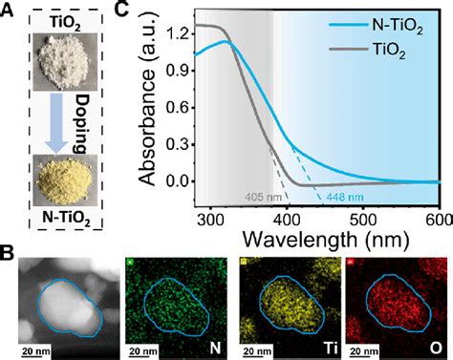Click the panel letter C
pyautogui.click(x=149, y=11)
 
